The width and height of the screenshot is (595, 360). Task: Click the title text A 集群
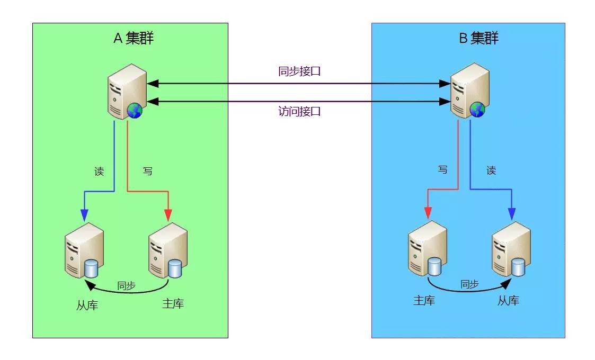tap(134, 38)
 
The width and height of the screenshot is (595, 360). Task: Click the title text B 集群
tap(478, 38)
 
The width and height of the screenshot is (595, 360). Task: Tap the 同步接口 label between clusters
tap(299, 71)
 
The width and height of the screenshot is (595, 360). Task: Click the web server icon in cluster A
tap(127, 92)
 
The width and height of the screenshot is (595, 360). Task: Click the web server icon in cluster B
tap(469, 91)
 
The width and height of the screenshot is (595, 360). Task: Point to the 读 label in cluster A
tap(99, 172)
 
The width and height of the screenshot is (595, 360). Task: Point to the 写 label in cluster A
tap(148, 172)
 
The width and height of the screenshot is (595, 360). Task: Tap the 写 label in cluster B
tap(442, 170)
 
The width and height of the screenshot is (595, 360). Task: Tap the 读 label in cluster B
tap(491, 170)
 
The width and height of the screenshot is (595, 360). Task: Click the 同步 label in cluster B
tap(469, 284)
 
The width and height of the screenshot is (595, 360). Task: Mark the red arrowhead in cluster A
tap(168, 215)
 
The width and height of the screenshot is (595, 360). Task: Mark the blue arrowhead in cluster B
tap(512, 214)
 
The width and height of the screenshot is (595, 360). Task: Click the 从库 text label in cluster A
tap(87, 305)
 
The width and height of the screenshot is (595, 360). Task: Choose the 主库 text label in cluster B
tap(424, 301)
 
